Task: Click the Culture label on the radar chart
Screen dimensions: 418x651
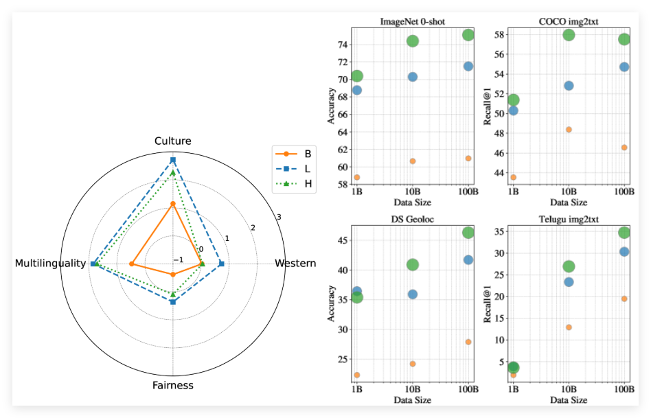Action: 173,141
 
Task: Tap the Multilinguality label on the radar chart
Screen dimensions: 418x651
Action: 51,264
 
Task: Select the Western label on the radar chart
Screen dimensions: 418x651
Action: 295,264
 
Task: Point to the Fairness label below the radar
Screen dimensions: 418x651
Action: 173,385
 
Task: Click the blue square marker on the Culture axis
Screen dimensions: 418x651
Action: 173,160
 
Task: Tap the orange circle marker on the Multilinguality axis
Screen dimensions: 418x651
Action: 131,264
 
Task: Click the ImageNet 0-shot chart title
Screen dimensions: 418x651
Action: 412,22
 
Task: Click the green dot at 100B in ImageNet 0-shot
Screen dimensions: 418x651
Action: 468,35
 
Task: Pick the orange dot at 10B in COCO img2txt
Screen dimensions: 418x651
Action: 569,130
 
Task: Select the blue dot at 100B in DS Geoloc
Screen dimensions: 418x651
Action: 468,260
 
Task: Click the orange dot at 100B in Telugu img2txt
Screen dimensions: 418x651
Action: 624,299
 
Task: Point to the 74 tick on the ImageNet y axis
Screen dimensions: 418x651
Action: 343,45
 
